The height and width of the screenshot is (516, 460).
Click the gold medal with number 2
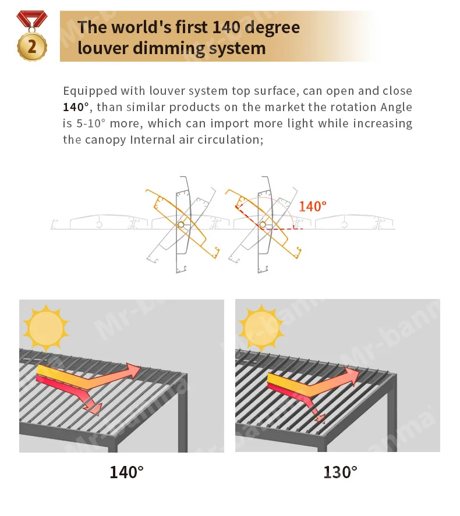[x=32, y=47]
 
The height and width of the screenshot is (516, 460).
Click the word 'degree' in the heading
[x=273, y=28]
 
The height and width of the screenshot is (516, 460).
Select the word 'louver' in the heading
[x=102, y=48]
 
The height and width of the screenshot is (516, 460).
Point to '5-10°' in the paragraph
[x=91, y=123]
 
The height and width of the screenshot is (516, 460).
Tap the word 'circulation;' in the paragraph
[x=231, y=140]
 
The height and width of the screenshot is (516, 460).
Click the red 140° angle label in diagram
[x=313, y=207]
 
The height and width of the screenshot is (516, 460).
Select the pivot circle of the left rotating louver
[x=181, y=225]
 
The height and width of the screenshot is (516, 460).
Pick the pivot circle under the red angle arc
[x=263, y=225]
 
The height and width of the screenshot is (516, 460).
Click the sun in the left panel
[x=46, y=328]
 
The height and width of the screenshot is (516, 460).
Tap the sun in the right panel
[x=261, y=328]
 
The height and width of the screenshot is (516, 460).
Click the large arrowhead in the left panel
[x=133, y=371]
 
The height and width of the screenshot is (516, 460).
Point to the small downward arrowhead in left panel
[x=95, y=409]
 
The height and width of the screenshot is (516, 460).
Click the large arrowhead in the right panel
[x=352, y=375]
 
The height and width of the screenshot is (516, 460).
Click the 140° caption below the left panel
[x=126, y=472]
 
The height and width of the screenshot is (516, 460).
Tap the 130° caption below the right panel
[x=340, y=472]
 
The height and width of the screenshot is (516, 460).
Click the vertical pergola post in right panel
[x=392, y=413]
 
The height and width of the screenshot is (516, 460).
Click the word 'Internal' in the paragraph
[x=152, y=140]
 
